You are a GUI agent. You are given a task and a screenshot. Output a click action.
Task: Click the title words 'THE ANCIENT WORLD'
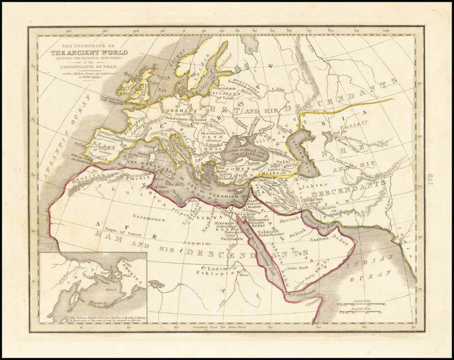coord(85,52)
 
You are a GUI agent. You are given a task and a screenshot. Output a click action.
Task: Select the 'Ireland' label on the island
coord(126,87)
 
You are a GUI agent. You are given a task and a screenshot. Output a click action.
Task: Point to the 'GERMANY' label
coord(177,110)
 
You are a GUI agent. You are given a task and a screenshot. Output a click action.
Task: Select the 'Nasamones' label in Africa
coord(148,218)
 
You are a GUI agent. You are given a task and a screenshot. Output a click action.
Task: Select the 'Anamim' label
coord(193,243)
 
